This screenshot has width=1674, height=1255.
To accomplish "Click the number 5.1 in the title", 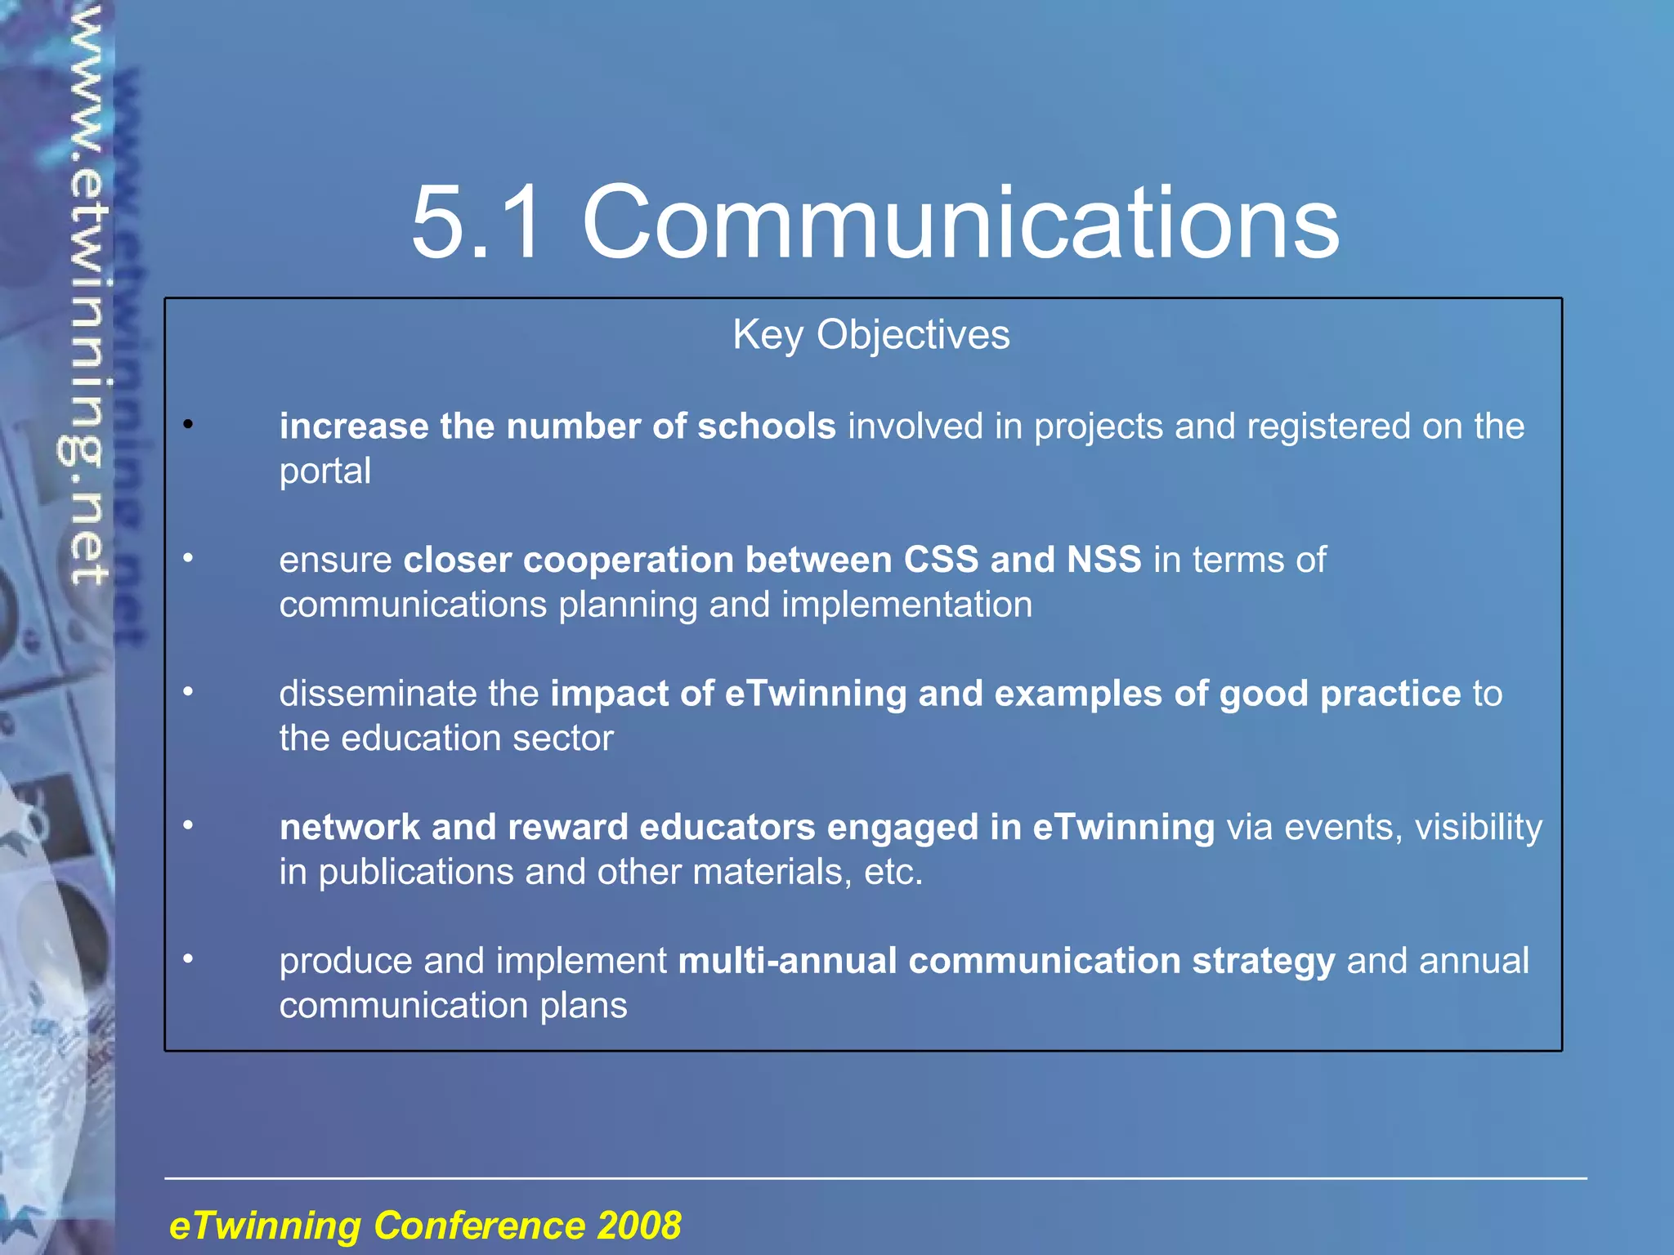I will (477, 222).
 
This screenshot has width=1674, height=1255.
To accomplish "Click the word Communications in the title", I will (960, 222).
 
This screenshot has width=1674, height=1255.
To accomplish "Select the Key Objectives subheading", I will (871, 335).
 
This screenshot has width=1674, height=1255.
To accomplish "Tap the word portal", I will (325, 471).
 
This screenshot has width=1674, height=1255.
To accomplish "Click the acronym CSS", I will (941, 561).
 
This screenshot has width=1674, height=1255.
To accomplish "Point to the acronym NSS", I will (1103, 561).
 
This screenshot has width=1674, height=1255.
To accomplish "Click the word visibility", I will (1478, 828).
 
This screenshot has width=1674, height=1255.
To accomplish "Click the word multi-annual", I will (787, 961).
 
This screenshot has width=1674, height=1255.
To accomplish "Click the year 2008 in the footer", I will (638, 1226).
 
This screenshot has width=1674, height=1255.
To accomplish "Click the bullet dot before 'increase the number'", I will (188, 424).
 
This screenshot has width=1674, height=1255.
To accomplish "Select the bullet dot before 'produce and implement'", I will (188, 958).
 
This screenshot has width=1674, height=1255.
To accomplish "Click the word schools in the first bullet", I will (766, 427).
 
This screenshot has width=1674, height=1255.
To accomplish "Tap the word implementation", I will (906, 605).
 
